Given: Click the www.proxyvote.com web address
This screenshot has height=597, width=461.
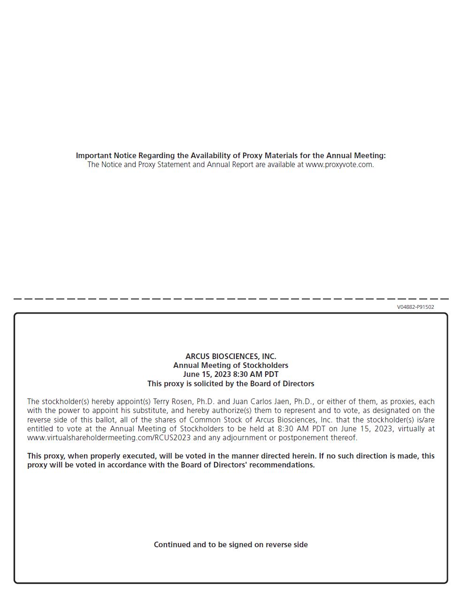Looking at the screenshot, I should (339, 165).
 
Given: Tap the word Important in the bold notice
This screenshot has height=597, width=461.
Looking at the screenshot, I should (93, 155).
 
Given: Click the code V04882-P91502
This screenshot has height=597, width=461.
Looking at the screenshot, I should (415, 307).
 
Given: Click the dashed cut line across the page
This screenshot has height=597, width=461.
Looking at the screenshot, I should (230, 298).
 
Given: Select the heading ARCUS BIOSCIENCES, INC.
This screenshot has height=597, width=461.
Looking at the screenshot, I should (230, 356).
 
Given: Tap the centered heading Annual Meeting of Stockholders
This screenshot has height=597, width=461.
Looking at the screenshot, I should (230, 365).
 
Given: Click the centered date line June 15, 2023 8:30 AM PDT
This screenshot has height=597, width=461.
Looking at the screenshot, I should (230, 375).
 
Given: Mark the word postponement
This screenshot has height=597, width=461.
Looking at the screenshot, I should (303, 438).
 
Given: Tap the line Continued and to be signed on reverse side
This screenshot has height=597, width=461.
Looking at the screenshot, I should (230, 544).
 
